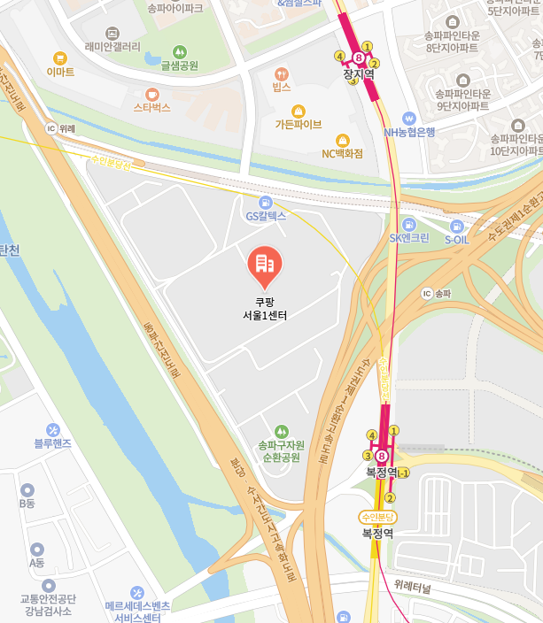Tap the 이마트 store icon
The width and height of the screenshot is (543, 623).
[60, 58]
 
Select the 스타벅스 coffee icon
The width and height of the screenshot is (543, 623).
[151, 93]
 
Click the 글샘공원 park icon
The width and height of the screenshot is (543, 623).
[180, 51]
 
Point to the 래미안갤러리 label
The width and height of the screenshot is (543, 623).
[112, 46]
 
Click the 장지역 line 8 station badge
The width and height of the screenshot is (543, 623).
[358, 57]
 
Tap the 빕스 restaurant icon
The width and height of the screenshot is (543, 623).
[282, 73]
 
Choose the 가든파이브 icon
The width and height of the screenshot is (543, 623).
[298, 111]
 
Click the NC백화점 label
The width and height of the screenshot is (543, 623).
[343, 153]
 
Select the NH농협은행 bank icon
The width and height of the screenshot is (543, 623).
[408, 118]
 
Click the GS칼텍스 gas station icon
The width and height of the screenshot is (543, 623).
[265, 202]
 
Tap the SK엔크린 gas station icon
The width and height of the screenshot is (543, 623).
[408, 224]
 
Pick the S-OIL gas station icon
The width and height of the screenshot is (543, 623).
[456, 225]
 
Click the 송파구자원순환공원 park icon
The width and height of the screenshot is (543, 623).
[281, 430]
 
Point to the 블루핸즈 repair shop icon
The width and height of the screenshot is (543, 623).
[52, 429]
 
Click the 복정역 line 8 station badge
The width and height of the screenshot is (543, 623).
[382, 457]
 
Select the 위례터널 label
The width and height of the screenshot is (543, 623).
[413, 588]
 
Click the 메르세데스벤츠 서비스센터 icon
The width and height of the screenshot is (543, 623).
[137, 592]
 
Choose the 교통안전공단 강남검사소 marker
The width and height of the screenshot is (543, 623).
[48, 586]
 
